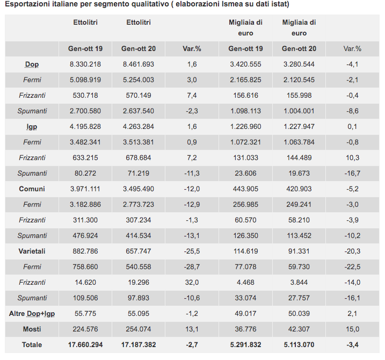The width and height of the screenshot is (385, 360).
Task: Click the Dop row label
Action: [32, 64]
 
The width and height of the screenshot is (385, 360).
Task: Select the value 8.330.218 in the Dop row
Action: [85, 64]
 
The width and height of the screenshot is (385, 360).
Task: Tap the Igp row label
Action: [32, 127]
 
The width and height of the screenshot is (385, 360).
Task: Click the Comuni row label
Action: [32, 189]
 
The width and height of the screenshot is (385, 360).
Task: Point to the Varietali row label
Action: [32, 251]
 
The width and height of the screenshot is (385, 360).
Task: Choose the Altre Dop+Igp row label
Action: [32, 313]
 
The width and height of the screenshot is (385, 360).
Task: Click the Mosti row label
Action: [32, 329]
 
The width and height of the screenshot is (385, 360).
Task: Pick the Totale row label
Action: [32, 344]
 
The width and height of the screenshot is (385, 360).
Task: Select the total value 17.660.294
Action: [85, 344]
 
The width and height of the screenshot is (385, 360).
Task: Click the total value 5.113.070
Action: [299, 344]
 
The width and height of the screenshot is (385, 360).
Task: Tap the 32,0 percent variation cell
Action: [192, 283]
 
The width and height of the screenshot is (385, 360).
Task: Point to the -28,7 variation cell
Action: [192, 267]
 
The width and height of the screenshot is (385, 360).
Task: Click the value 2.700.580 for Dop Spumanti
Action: [85, 111]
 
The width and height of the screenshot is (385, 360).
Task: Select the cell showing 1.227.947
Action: [299, 127]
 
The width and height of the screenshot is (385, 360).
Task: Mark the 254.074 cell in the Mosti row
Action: [139, 329]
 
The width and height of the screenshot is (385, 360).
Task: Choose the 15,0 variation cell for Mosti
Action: [353, 329]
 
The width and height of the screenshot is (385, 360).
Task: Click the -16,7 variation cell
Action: [353, 174]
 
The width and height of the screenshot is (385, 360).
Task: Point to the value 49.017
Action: [245, 313]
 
